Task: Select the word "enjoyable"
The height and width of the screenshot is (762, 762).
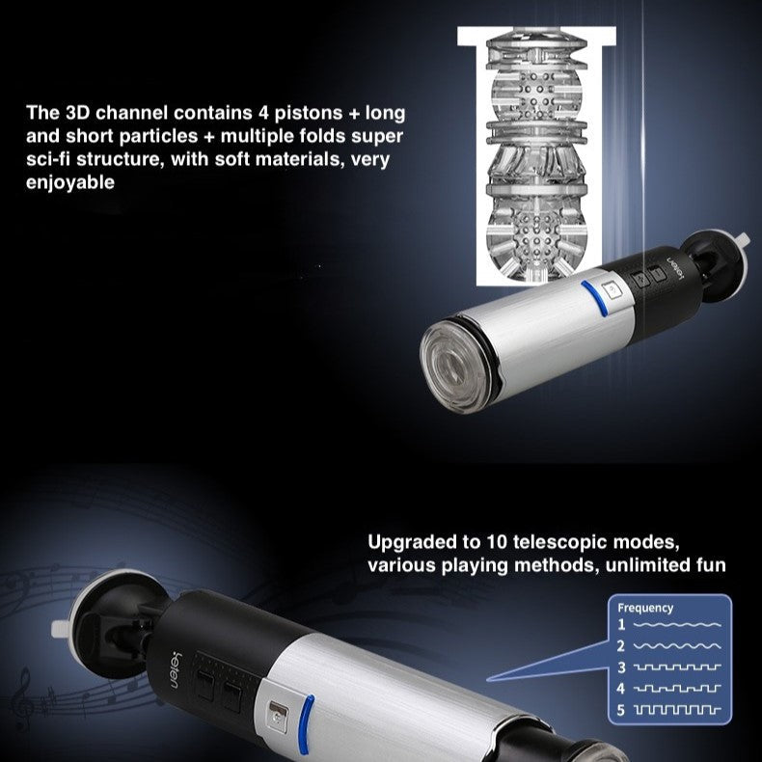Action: pyautogui.click(x=70, y=182)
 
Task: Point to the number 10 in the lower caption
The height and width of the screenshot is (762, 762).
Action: pyautogui.click(x=497, y=541)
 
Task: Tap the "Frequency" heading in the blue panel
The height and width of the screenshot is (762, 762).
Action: pyautogui.click(x=645, y=609)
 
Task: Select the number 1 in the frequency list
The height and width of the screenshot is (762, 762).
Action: pyautogui.click(x=621, y=624)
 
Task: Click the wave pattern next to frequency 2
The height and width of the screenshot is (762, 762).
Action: pyautogui.click(x=677, y=646)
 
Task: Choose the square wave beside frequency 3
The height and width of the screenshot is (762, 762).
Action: pyautogui.click(x=677, y=667)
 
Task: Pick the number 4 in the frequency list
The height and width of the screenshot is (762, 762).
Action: pyautogui.click(x=621, y=689)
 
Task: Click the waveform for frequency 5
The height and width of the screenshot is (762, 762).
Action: pyautogui.click(x=677, y=711)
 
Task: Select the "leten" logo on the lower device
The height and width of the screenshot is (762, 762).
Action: pyautogui.click(x=173, y=669)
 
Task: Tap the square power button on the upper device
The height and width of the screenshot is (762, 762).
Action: pyautogui.click(x=612, y=290)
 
